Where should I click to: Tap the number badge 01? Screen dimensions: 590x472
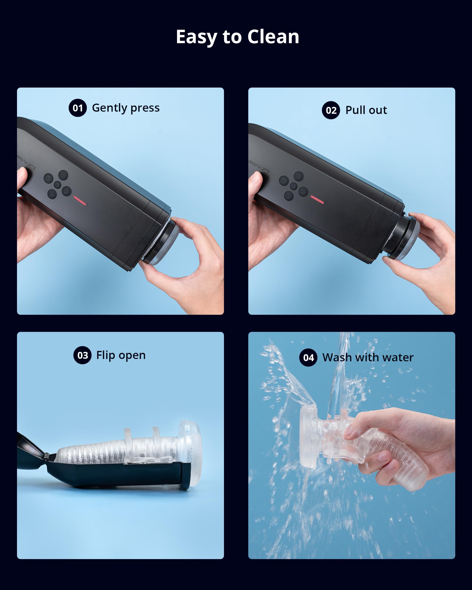(x=78, y=108)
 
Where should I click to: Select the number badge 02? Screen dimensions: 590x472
(x=331, y=110)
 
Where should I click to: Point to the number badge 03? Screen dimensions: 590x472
(x=82, y=355)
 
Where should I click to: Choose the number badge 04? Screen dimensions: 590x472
(x=308, y=357)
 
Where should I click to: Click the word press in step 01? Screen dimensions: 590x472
(x=145, y=108)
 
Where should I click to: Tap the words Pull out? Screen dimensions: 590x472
(x=366, y=110)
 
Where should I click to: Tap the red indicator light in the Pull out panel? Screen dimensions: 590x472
(x=317, y=199)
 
